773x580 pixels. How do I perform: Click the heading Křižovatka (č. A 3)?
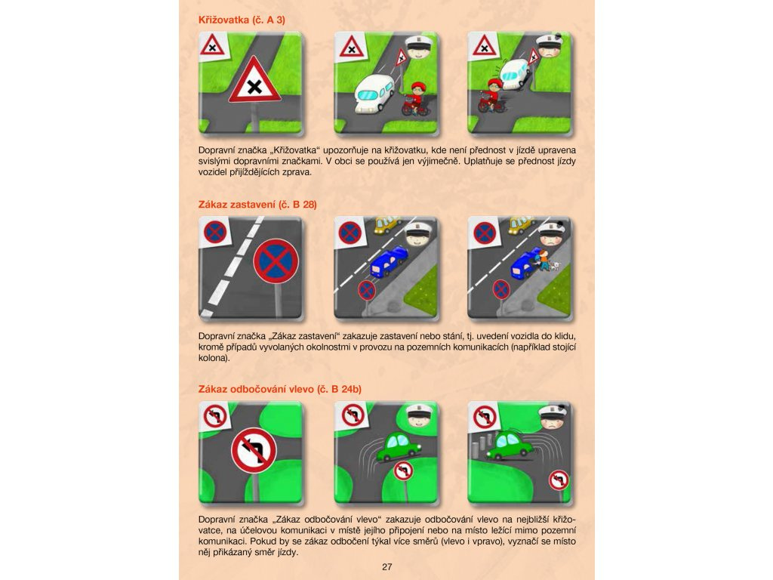click(242, 20)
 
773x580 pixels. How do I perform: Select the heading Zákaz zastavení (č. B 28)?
click(257, 204)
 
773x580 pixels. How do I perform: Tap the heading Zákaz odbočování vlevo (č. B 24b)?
click(279, 389)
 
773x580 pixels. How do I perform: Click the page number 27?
click(387, 566)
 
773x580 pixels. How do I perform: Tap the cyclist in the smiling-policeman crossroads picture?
click(416, 99)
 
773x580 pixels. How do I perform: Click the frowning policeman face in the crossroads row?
click(552, 48)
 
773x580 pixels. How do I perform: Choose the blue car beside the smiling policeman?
click(389, 261)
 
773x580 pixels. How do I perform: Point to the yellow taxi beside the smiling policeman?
click(387, 224)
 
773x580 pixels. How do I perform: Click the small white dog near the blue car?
click(556, 267)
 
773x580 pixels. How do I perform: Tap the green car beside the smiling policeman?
click(399, 446)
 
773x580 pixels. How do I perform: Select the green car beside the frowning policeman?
click(510, 446)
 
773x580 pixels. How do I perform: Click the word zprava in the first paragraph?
click(297, 172)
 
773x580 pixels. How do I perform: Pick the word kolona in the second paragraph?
click(213, 357)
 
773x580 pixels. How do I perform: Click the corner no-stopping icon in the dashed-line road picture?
click(215, 232)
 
